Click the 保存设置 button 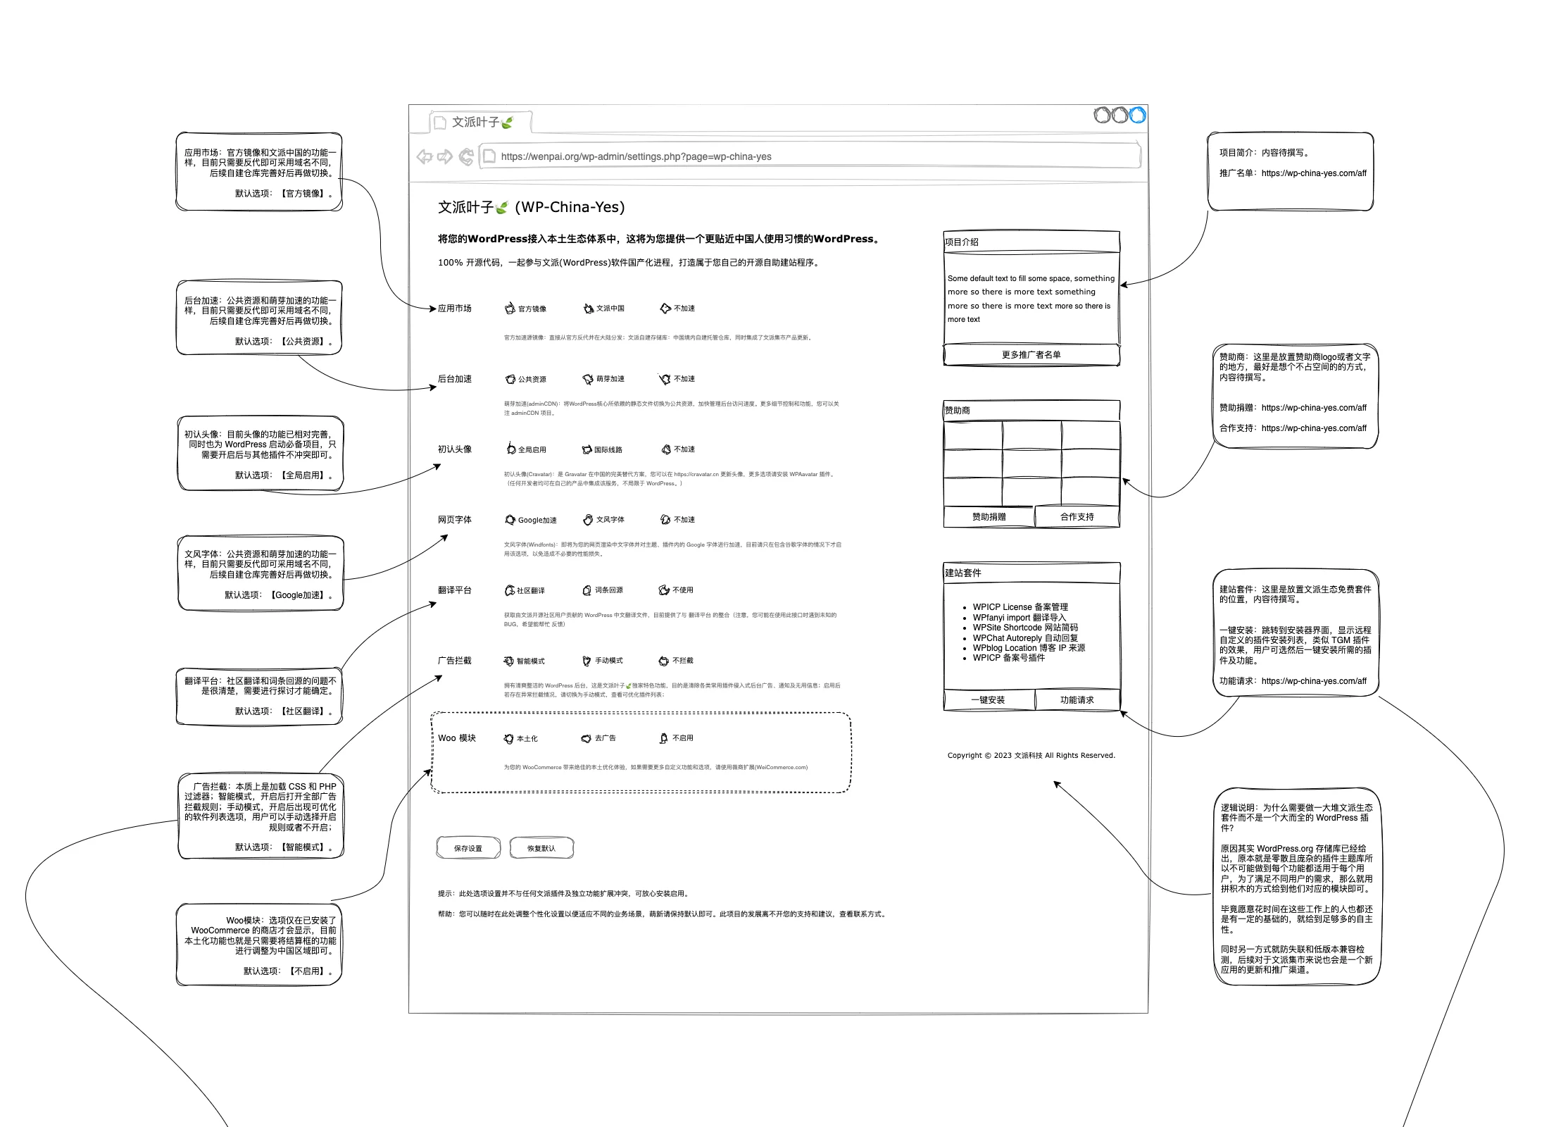click(468, 848)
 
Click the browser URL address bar click(810, 156)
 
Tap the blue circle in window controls click(1137, 115)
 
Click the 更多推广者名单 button click(1031, 355)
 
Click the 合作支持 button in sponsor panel click(1077, 517)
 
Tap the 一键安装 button click(988, 700)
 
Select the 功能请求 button click(1077, 700)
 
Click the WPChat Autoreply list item click(1024, 638)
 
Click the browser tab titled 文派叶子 click(481, 123)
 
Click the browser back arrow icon click(424, 156)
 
